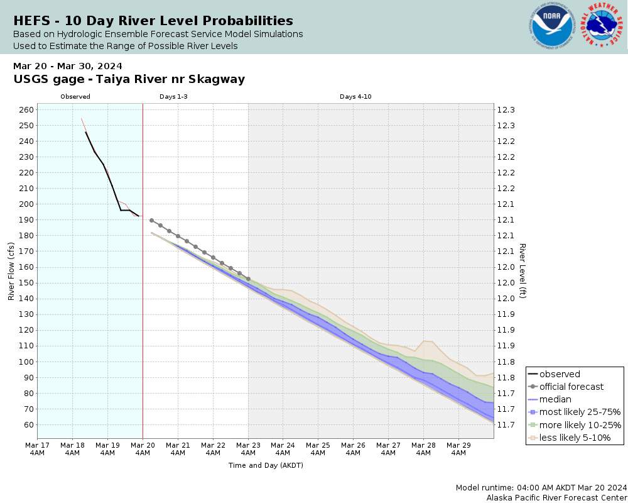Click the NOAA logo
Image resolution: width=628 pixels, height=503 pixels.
point(552,26)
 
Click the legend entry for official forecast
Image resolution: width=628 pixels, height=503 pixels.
point(571,387)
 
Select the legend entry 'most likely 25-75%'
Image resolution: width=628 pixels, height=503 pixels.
point(580,412)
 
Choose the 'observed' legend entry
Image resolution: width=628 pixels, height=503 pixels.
point(560,374)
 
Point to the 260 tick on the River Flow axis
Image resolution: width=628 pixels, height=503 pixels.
point(26,109)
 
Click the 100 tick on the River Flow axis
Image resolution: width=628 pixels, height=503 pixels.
point(26,362)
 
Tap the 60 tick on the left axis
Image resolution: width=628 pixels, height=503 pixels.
point(28,424)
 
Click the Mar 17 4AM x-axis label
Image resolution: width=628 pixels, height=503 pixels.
point(37,448)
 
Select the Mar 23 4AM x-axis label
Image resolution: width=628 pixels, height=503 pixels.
point(248,448)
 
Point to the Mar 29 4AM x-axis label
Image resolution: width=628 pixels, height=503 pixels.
point(458,448)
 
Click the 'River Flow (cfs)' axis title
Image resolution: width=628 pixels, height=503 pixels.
point(11,272)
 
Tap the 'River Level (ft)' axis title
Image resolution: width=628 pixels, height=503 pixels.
point(522,270)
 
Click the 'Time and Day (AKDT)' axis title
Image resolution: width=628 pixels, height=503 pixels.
point(266,465)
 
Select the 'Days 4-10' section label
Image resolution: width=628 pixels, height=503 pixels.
point(356,97)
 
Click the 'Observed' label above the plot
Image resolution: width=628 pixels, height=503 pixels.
point(75,97)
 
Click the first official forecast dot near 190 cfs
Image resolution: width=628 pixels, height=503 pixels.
point(151,220)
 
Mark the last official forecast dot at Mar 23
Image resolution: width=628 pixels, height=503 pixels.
point(248,279)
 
